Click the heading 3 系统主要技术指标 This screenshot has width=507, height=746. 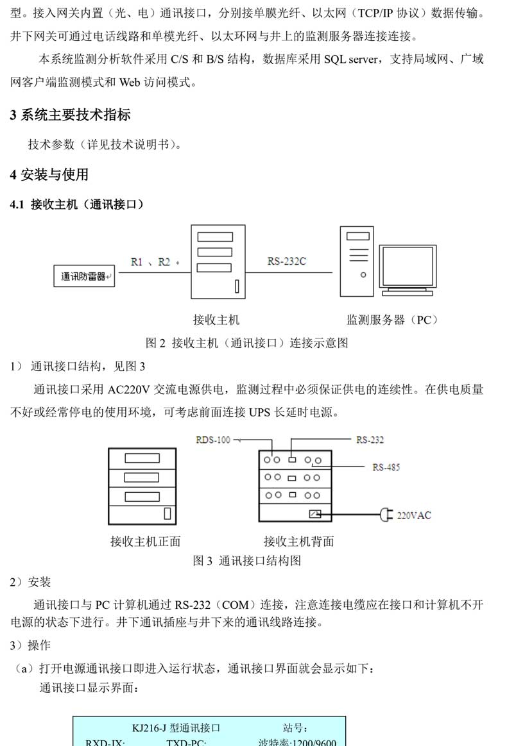point(71,115)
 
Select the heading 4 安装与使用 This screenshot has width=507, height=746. point(49,174)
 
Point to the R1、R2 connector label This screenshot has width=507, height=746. point(151,261)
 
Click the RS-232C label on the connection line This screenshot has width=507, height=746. point(287,261)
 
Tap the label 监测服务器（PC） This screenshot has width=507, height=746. point(392,320)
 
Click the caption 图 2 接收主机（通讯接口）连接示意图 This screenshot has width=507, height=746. point(247,343)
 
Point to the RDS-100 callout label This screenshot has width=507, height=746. point(213,440)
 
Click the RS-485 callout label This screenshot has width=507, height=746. point(386,467)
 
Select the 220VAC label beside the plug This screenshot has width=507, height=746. point(414,515)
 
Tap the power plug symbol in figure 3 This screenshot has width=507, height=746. point(385,515)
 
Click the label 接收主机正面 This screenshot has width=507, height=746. point(145,542)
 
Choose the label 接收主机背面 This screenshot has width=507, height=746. point(298,542)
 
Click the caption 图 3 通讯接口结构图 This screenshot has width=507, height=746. point(247,561)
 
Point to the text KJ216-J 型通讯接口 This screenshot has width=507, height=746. point(176,728)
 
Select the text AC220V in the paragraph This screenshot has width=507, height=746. point(130,390)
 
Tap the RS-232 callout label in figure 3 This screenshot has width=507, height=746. point(370,440)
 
